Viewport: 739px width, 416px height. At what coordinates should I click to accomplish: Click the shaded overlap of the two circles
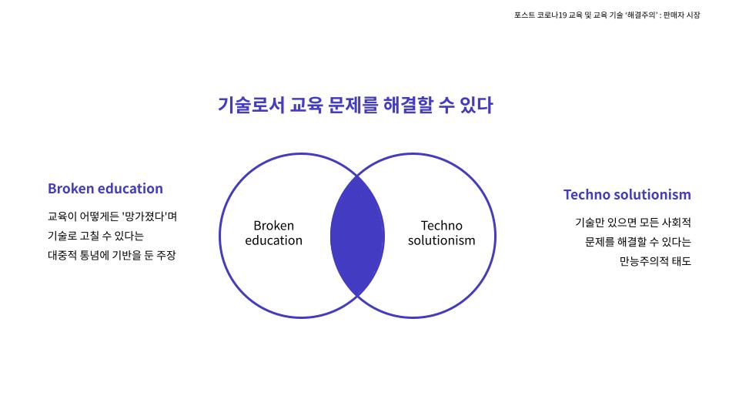coord(357,236)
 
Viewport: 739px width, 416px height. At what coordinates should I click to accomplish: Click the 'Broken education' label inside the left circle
coord(274,233)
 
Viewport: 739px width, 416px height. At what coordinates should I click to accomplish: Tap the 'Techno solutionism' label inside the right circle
coord(442,233)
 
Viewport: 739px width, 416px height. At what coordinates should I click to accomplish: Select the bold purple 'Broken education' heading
coord(105,189)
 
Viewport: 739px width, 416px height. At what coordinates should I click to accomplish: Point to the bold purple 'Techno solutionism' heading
coord(627,195)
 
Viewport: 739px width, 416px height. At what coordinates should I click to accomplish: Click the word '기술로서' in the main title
coord(251,105)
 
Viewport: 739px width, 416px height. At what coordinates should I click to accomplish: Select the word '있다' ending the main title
coord(476,105)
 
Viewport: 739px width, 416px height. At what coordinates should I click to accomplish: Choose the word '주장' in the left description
coord(166,255)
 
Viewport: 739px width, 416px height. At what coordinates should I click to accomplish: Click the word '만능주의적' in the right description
coord(642,261)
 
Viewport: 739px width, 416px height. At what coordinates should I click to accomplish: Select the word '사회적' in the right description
coord(677,223)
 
